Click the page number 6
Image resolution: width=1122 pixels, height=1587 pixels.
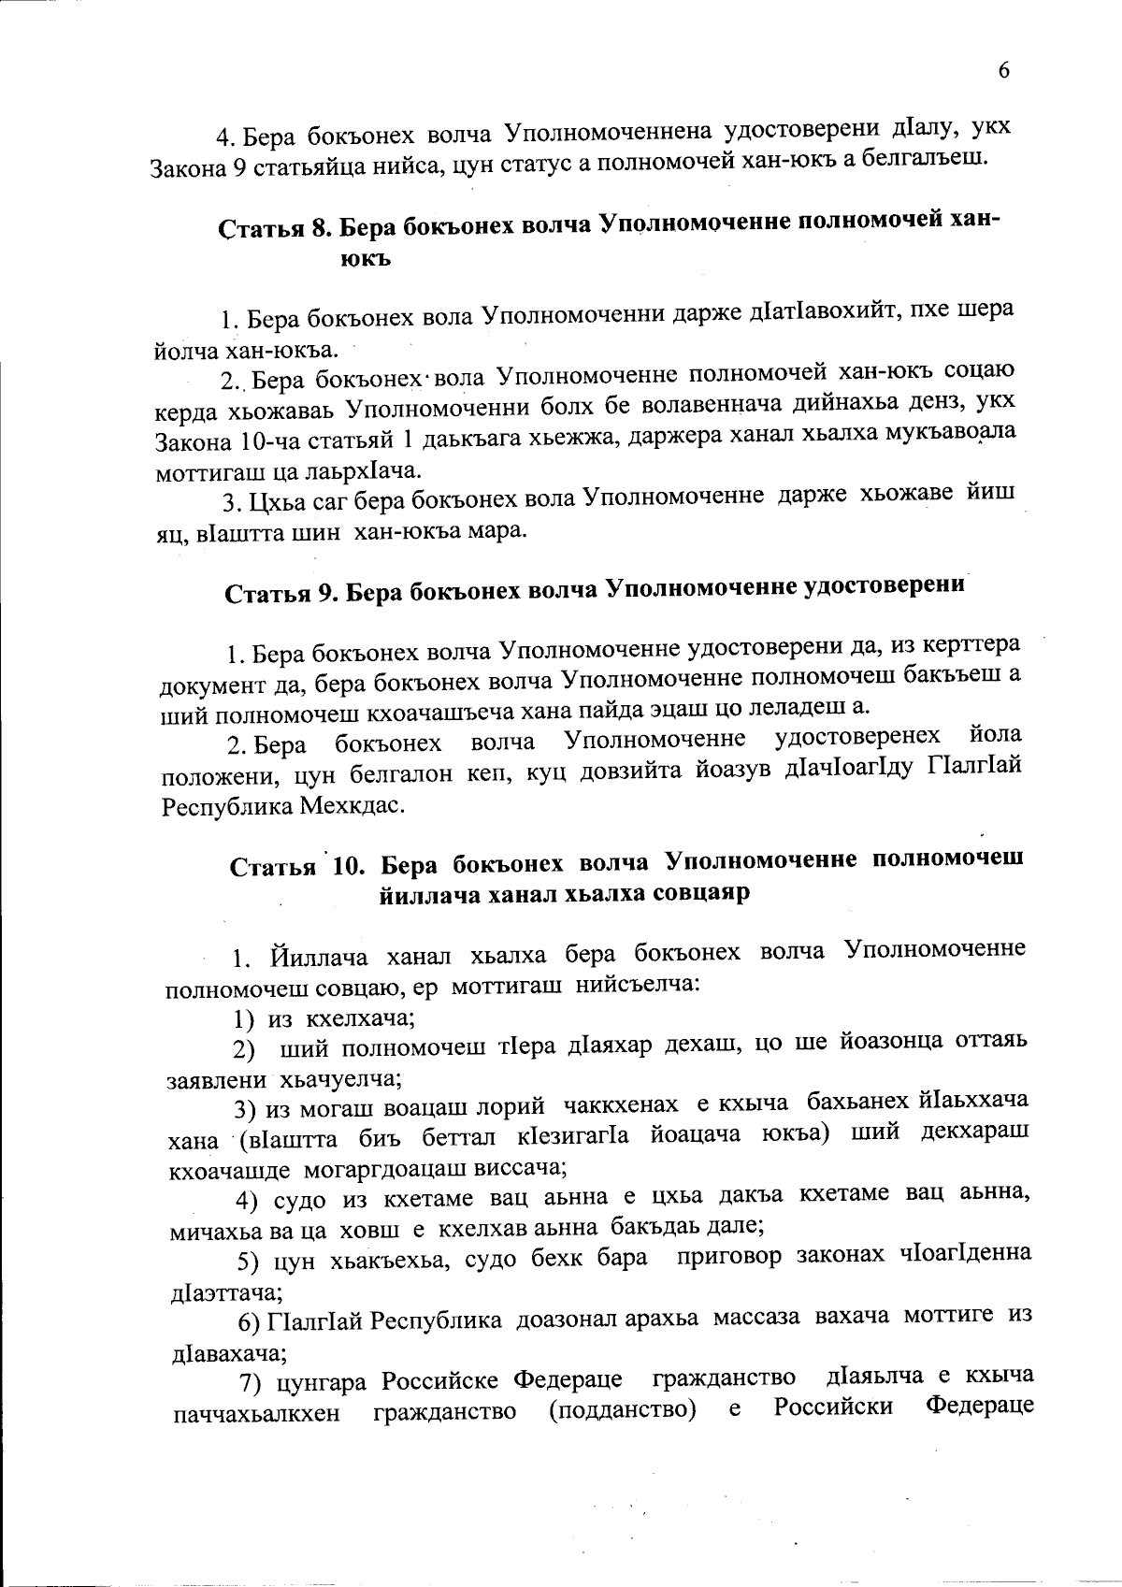pos(1004,72)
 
